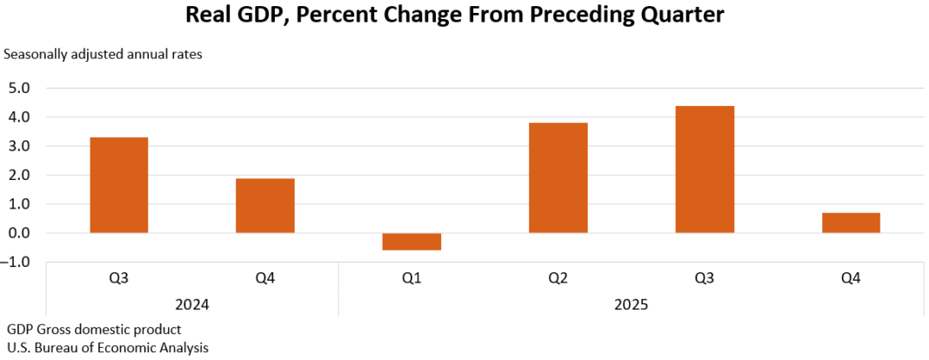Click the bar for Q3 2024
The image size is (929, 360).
click(x=118, y=185)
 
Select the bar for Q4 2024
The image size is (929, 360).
click(x=264, y=206)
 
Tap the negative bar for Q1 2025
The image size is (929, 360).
click(x=411, y=242)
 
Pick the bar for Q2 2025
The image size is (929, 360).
click(x=558, y=178)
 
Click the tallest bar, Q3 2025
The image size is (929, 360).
click(x=704, y=170)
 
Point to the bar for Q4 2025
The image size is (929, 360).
click(x=850, y=223)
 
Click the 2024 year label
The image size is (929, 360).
click(x=191, y=305)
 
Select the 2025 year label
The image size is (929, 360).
click(x=631, y=305)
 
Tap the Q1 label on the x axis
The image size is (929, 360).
click(x=411, y=279)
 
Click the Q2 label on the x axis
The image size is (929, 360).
click(x=558, y=279)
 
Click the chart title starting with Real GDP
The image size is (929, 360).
click(x=455, y=17)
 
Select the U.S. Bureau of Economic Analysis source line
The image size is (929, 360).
click(x=108, y=347)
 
